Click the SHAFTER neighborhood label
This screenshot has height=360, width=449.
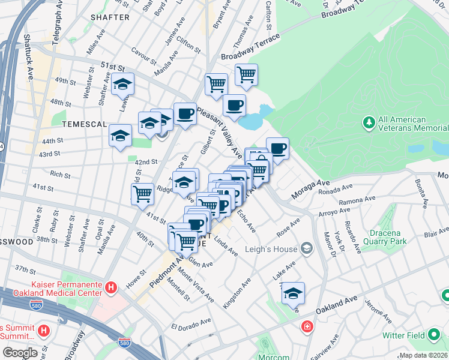[x=110, y=17]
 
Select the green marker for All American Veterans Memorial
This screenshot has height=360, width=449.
[x=369, y=124]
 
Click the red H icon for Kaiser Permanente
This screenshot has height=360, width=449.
[x=110, y=288]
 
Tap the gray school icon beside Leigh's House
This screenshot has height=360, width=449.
[x=307, y=248]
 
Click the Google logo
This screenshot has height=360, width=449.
[x=20, y=353]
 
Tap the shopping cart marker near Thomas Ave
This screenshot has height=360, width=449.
[x=246, y=74]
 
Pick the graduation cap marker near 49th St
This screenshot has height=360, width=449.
[x=122, y=84]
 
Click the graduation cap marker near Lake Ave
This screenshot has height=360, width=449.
[x=293, y=292]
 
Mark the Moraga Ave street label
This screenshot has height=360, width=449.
[x=311, y=190]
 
